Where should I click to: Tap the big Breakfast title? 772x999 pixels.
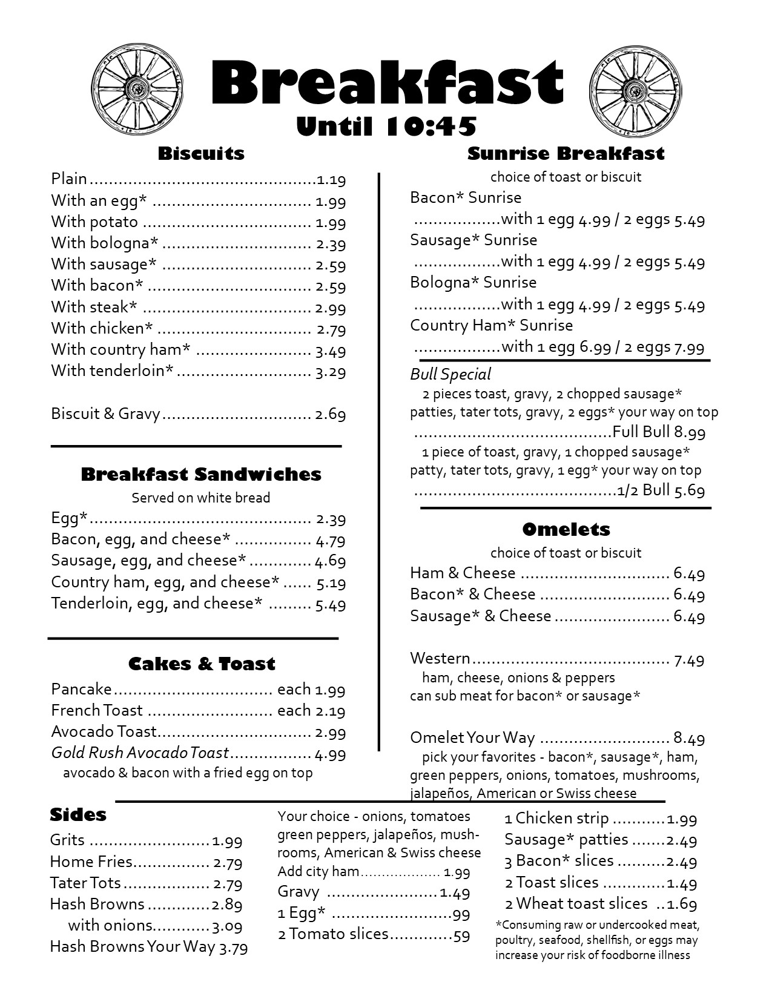coord(386,83)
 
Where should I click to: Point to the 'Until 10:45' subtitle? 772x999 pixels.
coord(386,126)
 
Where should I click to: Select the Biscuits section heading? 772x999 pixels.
coord(201,153)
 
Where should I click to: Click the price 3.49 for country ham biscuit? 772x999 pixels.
coord(331,351)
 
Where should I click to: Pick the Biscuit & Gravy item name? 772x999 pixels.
coord(105,414)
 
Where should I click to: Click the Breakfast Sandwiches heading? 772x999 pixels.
coord(201,474)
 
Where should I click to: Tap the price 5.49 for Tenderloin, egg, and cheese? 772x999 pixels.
coord(331,604)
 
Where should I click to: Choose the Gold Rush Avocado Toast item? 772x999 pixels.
coord(140,753)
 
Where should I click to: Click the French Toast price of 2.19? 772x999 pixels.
coord(331,711)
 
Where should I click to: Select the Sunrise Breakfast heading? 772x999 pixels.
coord(566,154)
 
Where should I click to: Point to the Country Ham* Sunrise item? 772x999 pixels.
coord(491,326)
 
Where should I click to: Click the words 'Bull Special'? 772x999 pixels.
coord(450,374)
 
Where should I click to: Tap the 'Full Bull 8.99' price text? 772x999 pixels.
coord(659,432)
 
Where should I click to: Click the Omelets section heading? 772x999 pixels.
coord(566,529)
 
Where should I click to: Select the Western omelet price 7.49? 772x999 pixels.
coord(689,659)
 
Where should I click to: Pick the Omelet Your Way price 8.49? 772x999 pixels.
coord(689,739)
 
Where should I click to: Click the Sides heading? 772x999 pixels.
coord(78,815)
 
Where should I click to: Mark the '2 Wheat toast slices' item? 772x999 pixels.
coord(576,904)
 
